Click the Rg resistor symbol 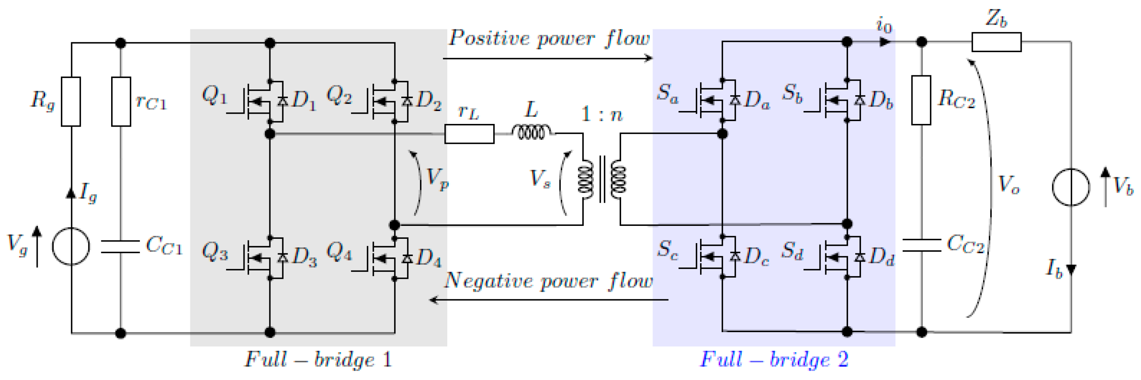70,101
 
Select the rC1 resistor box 121,101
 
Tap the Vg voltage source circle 71,246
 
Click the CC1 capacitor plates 121,247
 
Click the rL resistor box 469,134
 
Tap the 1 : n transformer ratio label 602,115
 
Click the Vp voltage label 437,179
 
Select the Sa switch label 667,94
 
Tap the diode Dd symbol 860,257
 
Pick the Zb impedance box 997,42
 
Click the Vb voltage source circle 1071,187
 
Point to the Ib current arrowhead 1071,269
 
